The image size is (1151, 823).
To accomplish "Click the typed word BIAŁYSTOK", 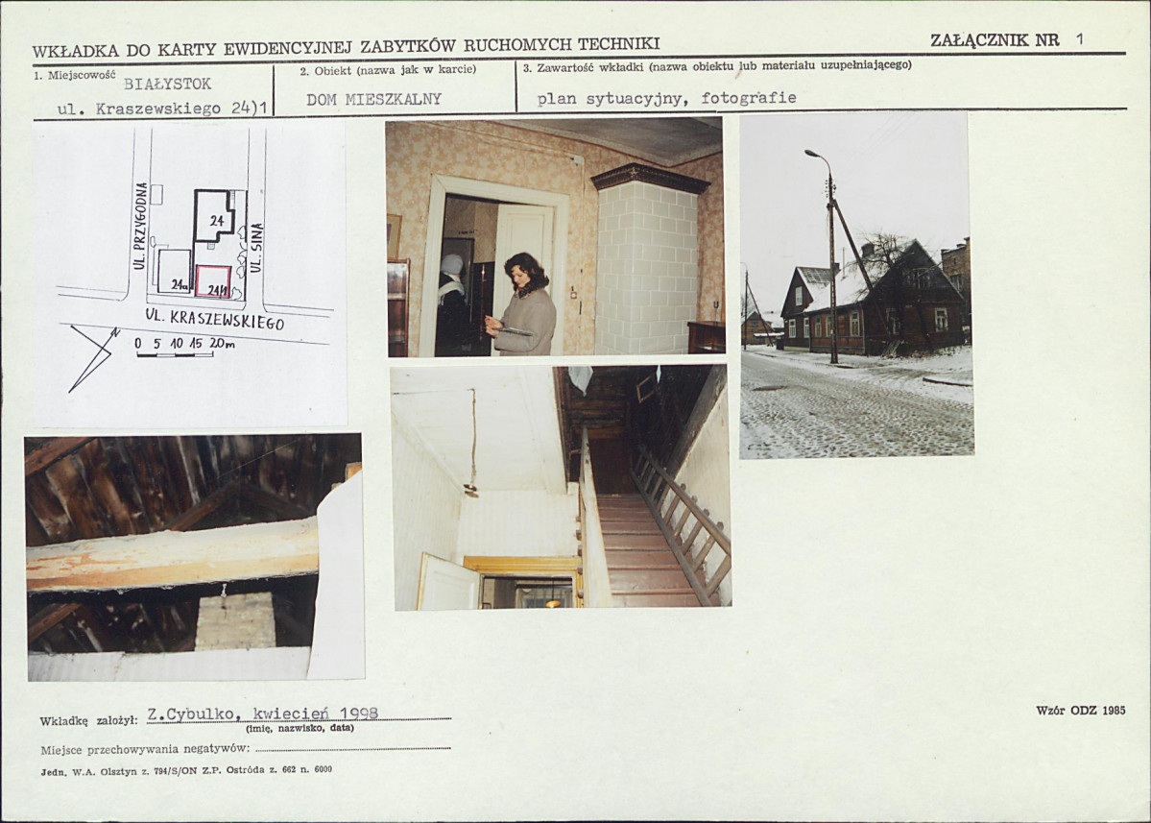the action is point(167,84).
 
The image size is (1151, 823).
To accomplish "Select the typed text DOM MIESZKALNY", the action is point(373,100).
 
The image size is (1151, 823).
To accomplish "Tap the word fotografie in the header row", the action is point(749,98).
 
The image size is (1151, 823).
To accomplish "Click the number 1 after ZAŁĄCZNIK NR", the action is point(1079,39).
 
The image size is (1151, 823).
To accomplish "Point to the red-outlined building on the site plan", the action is point(214,282).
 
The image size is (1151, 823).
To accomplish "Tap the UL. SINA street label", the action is point(256,248).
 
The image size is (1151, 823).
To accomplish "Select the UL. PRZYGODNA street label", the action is point(142,225).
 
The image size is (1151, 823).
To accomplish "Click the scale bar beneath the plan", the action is point(175,354).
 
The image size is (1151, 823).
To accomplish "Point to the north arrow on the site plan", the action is point(92,357).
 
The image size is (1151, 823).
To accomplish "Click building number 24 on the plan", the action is point(217,220).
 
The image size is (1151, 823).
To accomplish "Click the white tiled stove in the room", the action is point(647,264).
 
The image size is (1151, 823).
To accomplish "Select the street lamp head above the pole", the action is point(815,155).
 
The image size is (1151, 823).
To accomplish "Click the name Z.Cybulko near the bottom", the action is point(191,714).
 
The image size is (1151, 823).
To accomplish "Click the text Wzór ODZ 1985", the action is point(1081,710).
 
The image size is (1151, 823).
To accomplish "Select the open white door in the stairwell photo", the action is point(447,581).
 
